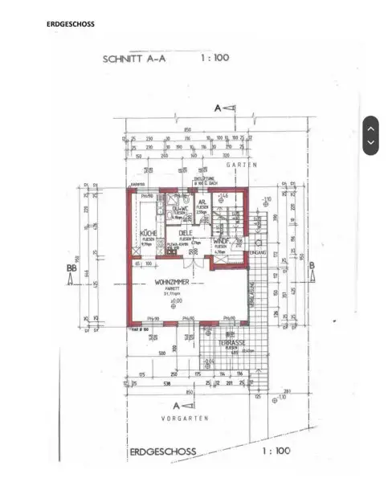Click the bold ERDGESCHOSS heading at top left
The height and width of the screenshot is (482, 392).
[71, 24]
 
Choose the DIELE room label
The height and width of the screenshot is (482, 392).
[186, 233]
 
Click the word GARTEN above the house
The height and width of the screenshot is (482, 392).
[241, 164]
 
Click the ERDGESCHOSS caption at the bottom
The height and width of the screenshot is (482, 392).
[162, 451]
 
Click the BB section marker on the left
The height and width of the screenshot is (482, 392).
[71, 272]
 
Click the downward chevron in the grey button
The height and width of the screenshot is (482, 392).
[370, 144]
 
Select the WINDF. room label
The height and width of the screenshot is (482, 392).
[222, 241]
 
